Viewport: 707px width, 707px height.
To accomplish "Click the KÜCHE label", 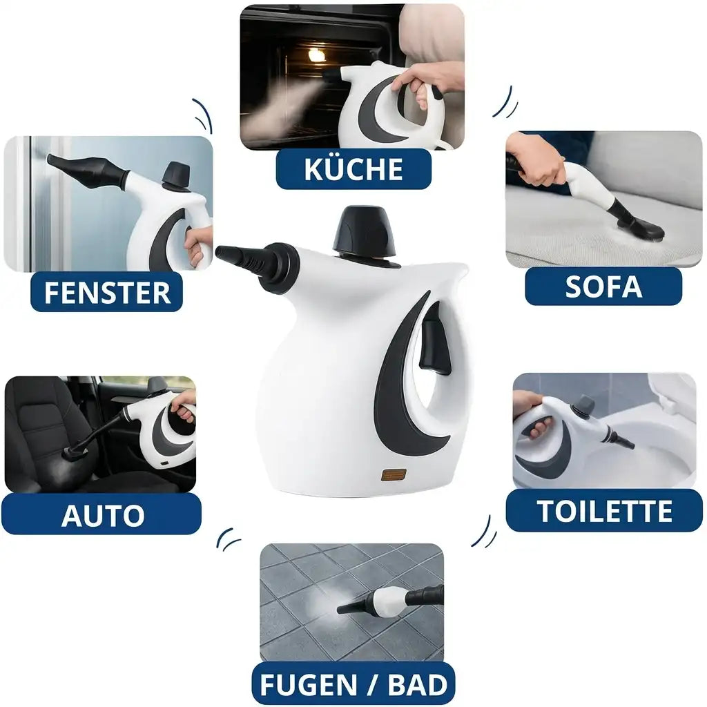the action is pos(353,169).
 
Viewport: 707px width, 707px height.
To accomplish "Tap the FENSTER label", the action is pos(107,292).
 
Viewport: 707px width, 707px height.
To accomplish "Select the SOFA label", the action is pos(603,287).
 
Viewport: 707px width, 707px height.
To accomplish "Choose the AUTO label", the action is pos(101,514).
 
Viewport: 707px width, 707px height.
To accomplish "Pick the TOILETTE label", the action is pos(604,511).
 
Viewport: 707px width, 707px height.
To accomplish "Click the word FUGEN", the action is pos(309,685).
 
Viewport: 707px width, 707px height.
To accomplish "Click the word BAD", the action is pos(417,685).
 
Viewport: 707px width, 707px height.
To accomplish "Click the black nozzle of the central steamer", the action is pos(257,262).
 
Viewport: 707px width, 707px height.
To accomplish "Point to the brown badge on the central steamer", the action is pos(394,475).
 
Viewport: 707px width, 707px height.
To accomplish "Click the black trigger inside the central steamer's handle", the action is pos(435,338).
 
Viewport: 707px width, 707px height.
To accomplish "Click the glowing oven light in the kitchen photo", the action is pos(316,55).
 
